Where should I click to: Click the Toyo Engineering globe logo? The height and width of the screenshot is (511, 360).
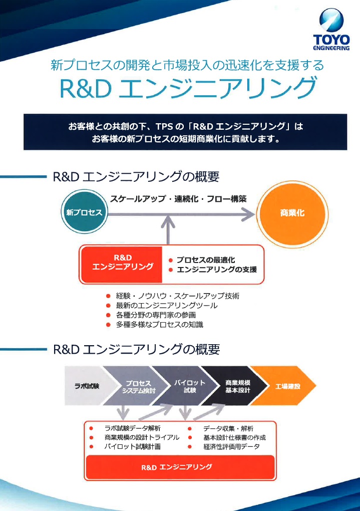coord(331,20)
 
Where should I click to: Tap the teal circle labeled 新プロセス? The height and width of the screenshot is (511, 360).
coord(85,212)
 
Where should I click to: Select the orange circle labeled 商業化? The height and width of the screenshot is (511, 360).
coord(292,213)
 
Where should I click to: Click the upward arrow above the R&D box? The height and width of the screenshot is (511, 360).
coord(168,231)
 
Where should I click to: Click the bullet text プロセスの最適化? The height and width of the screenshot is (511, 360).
coord(206,260)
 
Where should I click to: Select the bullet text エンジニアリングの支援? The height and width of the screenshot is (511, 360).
coord(217,270)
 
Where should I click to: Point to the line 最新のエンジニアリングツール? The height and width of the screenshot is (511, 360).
coord(166,306)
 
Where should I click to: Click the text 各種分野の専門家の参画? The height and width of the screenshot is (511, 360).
coord(156,315)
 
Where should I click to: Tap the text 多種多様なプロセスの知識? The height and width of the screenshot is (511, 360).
coord(159,325)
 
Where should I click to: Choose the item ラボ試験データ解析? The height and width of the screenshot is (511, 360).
coord(132,428)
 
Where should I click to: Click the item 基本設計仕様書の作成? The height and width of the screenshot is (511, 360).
coord(234,437)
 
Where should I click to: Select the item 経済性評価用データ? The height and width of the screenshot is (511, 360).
coord(231,446)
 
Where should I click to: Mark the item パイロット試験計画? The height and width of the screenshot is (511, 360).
coord(132,446)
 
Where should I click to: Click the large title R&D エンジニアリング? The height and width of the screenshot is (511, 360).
coord(188,88)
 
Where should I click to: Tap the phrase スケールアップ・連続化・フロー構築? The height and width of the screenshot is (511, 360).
coord(178,199)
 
